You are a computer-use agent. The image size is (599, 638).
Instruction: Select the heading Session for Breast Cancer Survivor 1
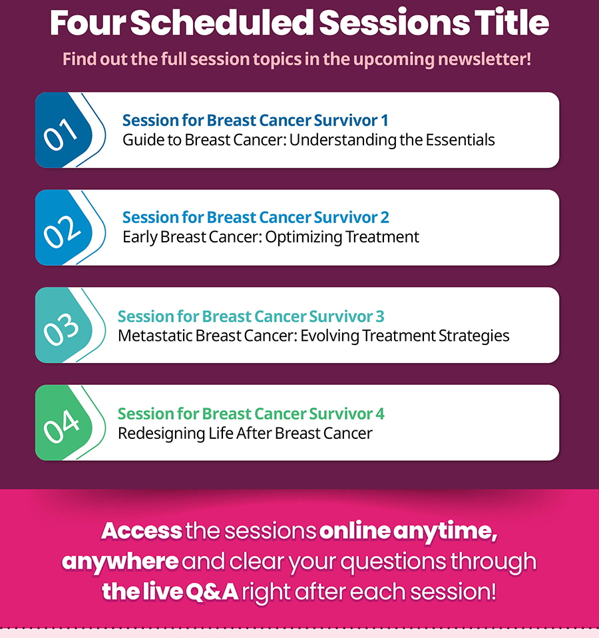click(256, 121)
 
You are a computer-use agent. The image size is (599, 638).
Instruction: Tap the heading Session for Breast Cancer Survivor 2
click(256, 217)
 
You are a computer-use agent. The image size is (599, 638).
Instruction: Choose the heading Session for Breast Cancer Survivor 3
click(251, 316)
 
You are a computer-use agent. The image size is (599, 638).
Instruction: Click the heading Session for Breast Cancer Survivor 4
click(251, 414)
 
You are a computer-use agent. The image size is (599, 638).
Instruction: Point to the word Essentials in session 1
click(460, 140)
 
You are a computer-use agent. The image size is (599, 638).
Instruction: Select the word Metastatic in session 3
click(154, 336)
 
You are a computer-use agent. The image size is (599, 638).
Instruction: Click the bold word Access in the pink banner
click(142, 531)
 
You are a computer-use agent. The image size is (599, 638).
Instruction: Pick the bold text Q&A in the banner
click(212, 591)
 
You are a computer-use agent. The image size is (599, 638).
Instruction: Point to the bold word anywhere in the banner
click(120, 562)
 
